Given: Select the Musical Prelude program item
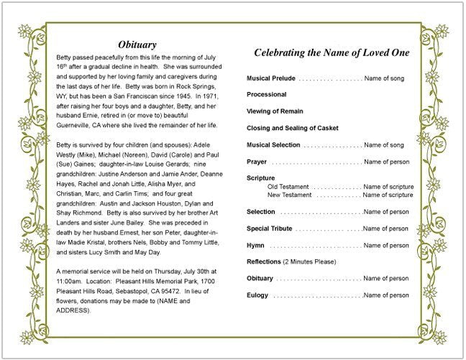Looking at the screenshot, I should tap(270, 77).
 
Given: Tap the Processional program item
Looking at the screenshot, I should tap(266, 94).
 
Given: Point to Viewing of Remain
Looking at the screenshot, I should tap(275, 111).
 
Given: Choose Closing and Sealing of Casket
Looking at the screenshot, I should tap(291, 128).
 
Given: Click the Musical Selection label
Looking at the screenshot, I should tap(273, 145).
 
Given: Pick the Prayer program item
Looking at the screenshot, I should tap(257, 162).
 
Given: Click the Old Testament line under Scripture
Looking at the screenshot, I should tap(289, 187).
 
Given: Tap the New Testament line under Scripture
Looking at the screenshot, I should tap(290, 195).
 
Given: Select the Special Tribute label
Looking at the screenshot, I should tap(269, 229).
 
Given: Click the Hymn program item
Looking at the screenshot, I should tap(255, 246).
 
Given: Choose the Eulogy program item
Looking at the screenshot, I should tap(257, 295).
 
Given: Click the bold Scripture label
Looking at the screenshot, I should tap(261, 178).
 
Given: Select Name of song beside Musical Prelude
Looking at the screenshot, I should tap(385, 77).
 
